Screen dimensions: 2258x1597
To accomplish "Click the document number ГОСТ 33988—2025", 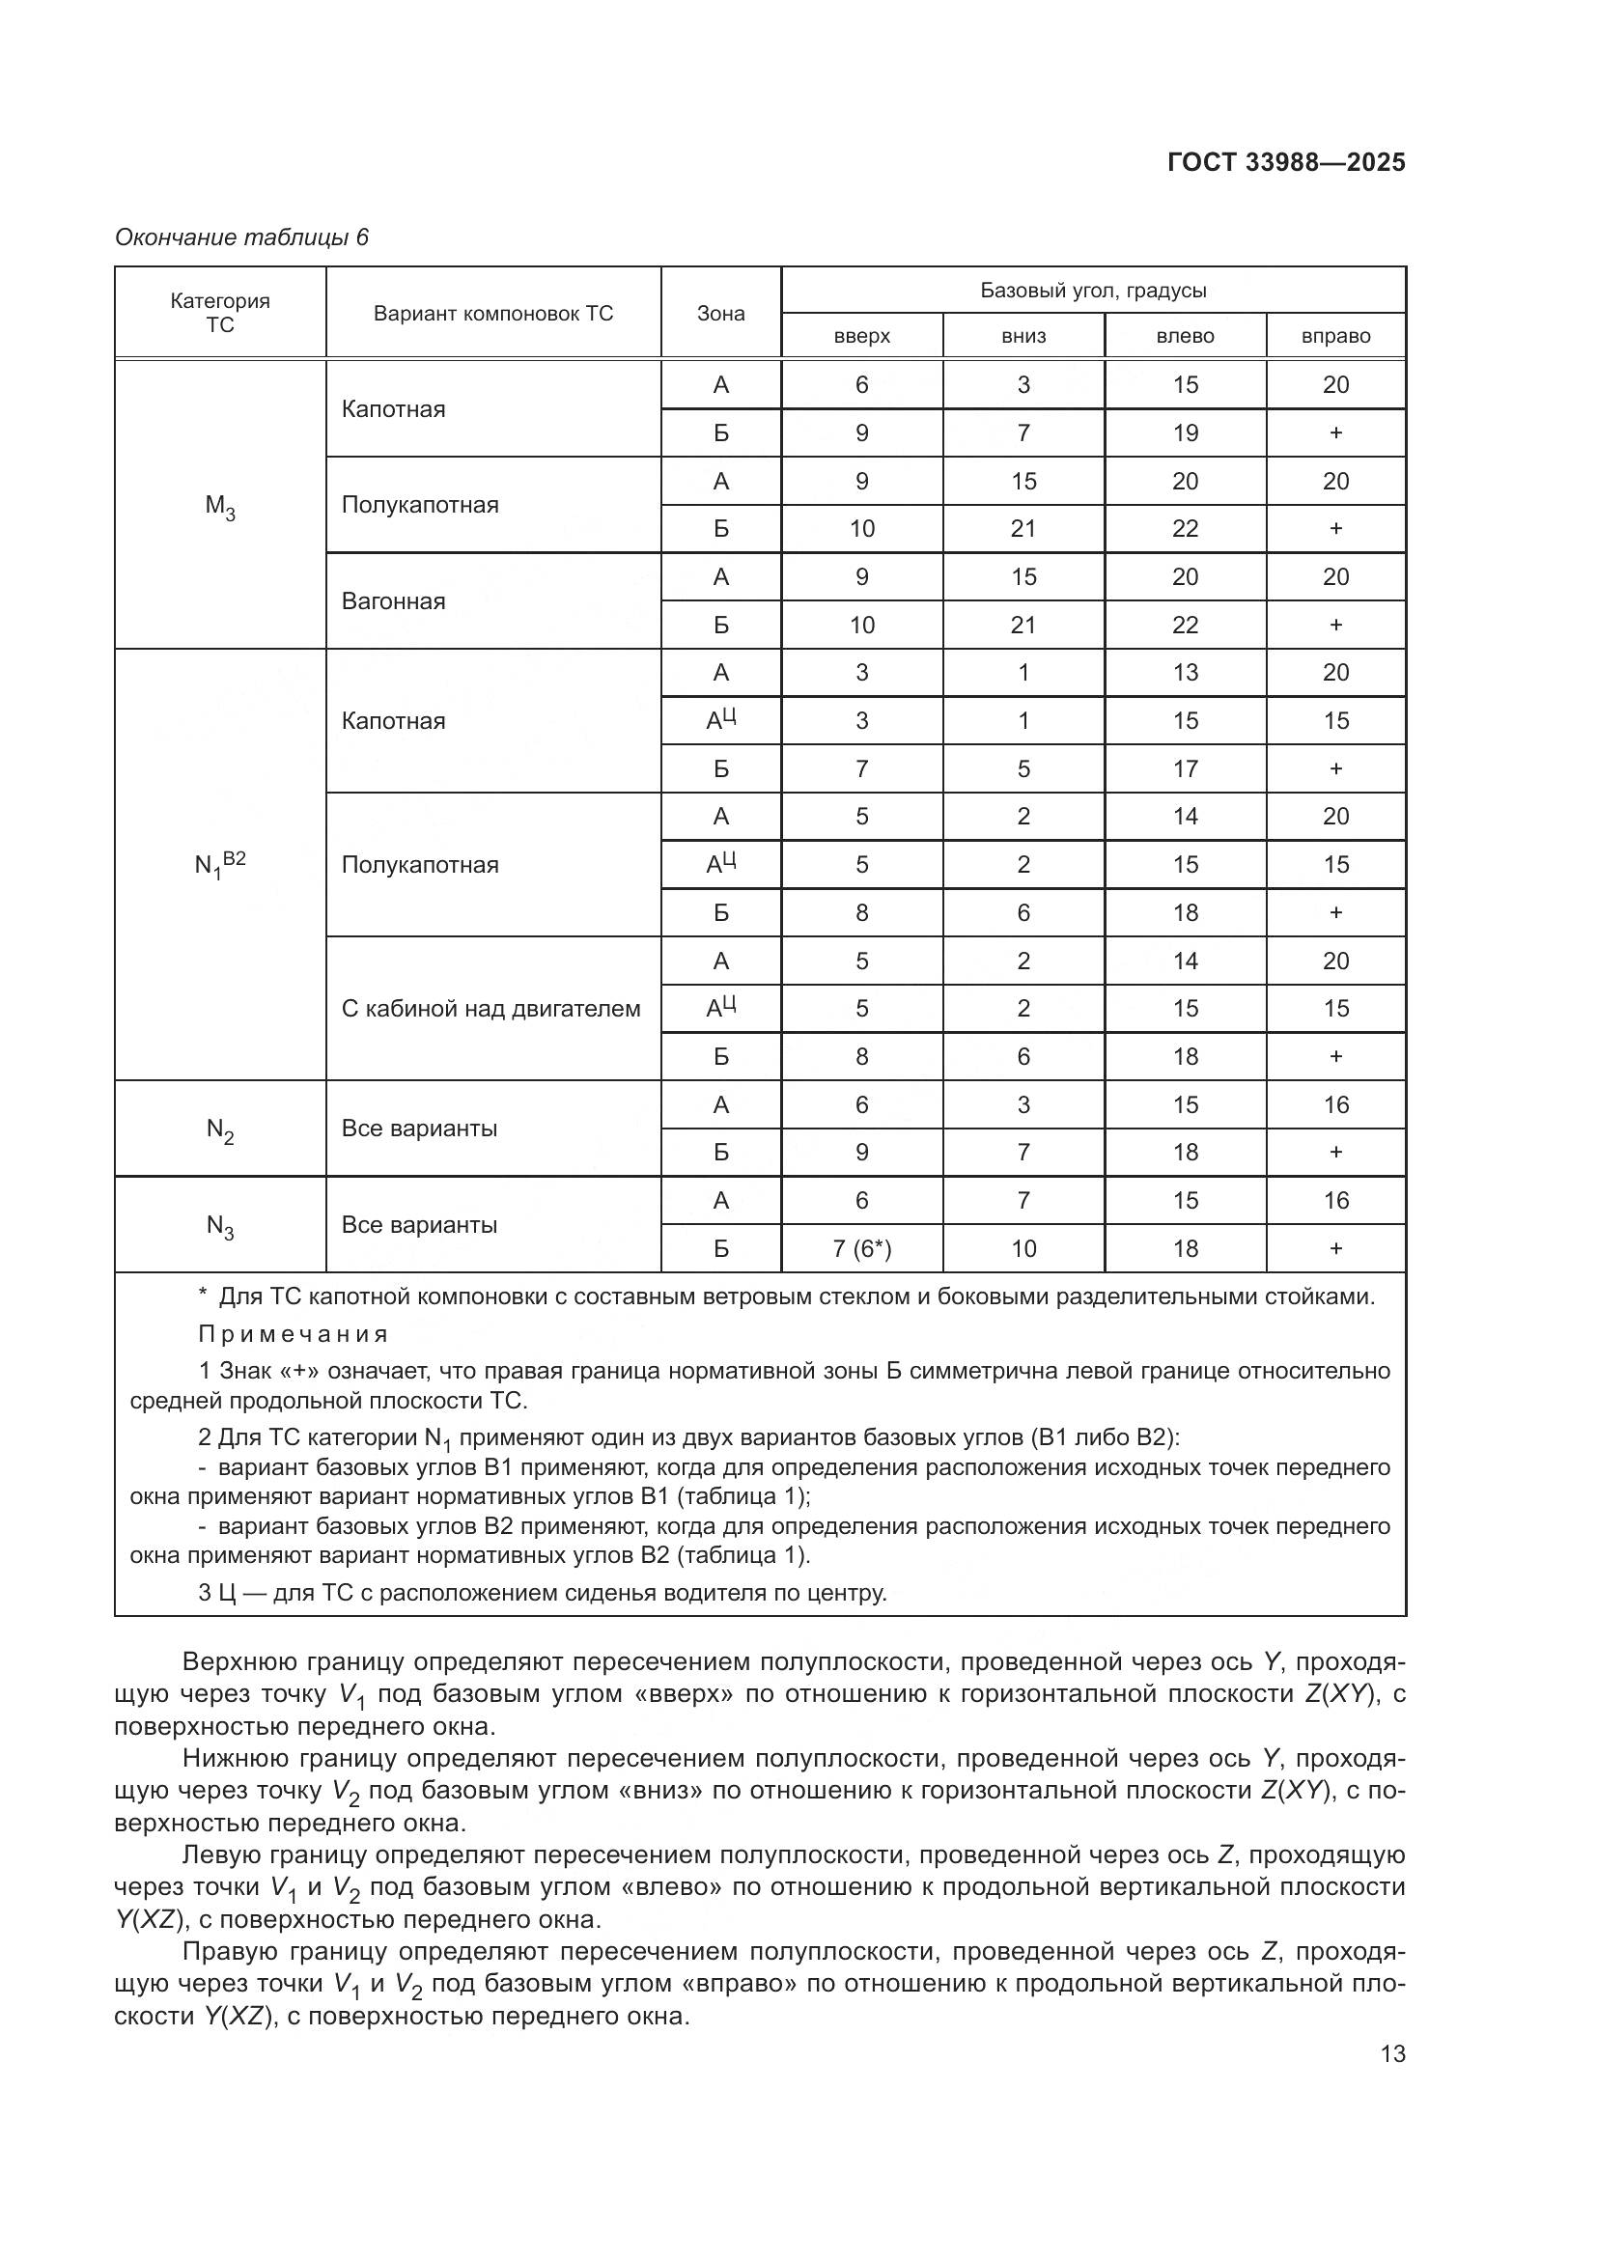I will tap(1286, 162).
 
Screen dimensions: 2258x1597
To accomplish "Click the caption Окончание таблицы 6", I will tap(242, 237).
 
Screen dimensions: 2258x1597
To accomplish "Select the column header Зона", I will tap(721, 314).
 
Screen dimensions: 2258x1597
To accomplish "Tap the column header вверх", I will tap(861, 336).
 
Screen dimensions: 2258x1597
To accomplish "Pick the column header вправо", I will tap(1335, 336).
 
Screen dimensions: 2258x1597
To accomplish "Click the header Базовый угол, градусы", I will tap(1093, 291).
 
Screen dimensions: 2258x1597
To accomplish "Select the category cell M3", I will tap(219, 506).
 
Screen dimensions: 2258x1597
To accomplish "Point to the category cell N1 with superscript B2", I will tap(219, 864).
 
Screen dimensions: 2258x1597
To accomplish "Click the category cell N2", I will tap(219, 1129).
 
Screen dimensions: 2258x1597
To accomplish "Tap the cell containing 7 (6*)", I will tap(861, 1249).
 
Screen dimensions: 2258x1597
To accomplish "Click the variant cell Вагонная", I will tap(393, 600).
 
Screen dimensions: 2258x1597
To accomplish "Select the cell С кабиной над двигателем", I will tap(490, 1008).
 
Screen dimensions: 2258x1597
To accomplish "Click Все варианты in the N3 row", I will tap(419, 1224).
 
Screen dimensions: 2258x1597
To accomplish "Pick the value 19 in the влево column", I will tap(1185, 432).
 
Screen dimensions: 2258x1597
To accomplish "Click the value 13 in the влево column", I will tap(1185, 673).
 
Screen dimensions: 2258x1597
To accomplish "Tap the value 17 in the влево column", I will tap(1185, 769).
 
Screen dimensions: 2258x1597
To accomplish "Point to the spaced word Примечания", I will tap(294, 1334).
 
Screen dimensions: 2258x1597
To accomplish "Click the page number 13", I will tap(1392, 2053).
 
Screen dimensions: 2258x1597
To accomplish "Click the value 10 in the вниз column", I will tap(1023, 1249).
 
